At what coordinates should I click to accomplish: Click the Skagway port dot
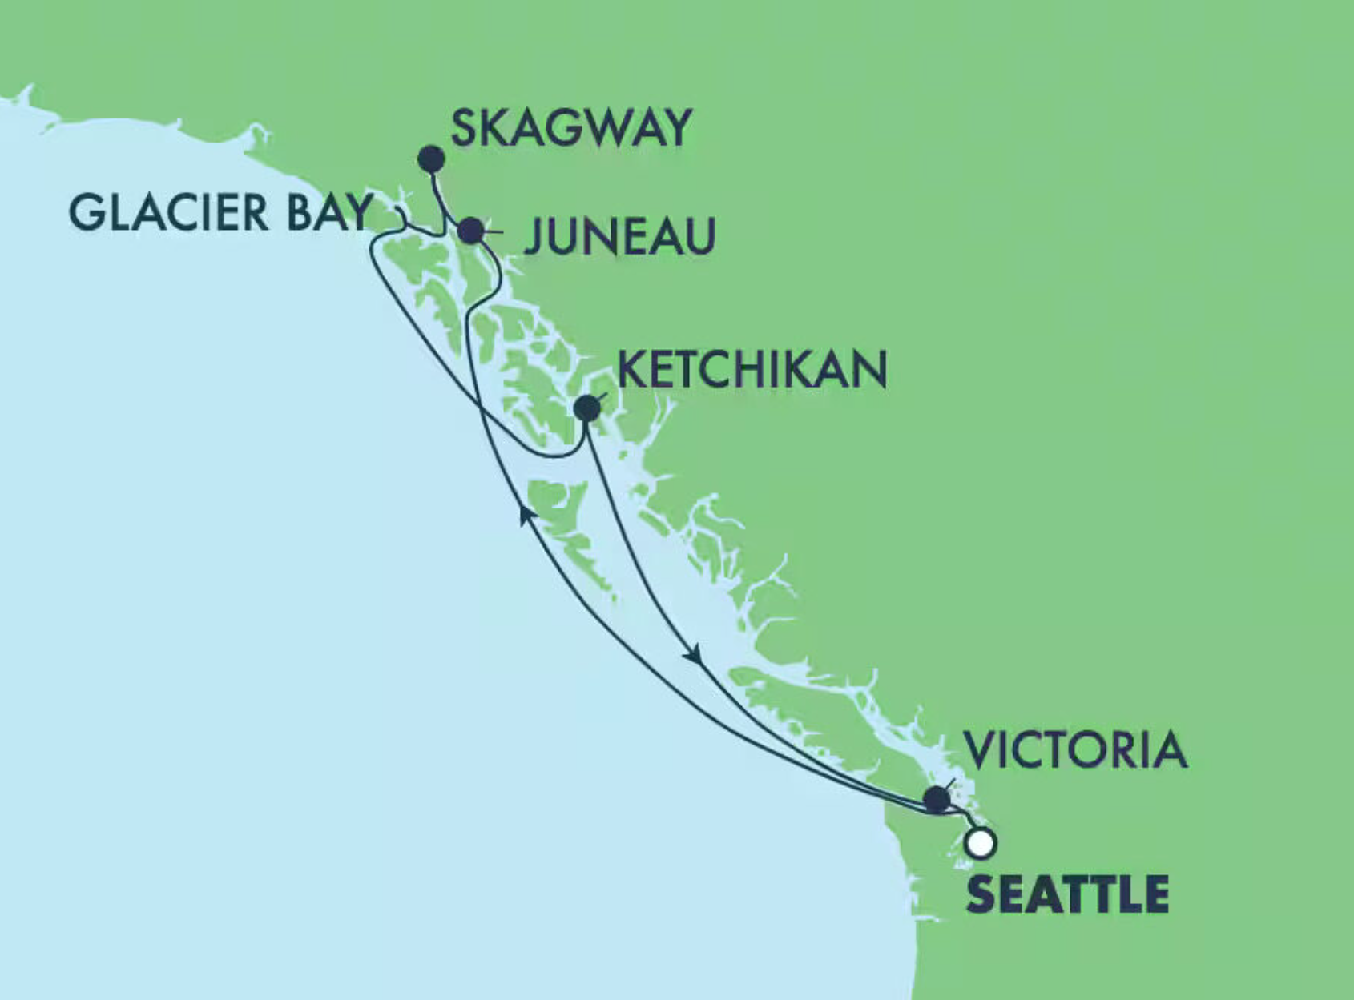pyautogui.click(x=431, y=159)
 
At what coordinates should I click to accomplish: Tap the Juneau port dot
pyautogui.click(x=471, y=231)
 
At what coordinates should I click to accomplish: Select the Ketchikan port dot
pyautogui.click(x=587, y=408)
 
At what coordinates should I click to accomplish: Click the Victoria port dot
pyautogui.click(x=937, y=799)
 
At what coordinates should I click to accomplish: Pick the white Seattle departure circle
pyautogui.click(x=981, y=843)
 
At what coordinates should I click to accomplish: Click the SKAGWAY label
pyautogui.click(x=571, y=128)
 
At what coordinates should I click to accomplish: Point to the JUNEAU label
pyautogui.click(x=619, y=237)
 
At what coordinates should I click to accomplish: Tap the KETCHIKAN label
pyautogui.click(x=752, y=369)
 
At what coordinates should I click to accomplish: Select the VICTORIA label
pyautogui.click(x=1074, y=750)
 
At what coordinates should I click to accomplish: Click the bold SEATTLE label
pyautogui.click(x=1067, y=894)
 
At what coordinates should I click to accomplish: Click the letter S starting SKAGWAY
pyautogui.click(x=465, y=128)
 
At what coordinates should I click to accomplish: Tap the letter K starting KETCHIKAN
pyautogui.click(x=631, y=369)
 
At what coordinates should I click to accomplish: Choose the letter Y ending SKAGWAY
pyautogui.click(x=678, y=128)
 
